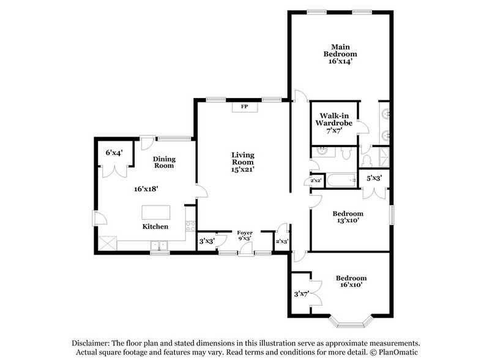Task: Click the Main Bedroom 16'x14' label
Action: click(x=340, y=54)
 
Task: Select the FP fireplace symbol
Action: click(x=244, y=107)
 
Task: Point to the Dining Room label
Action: click(x=164, y=162)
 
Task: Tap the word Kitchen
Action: click(x=155, y=227)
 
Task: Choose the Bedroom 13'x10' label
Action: click(x=348, y=217)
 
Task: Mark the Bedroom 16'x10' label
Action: click(x=351, y=282)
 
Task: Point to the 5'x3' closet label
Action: click(x=373, y=178)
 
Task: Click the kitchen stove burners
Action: click(x=190, y=226)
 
